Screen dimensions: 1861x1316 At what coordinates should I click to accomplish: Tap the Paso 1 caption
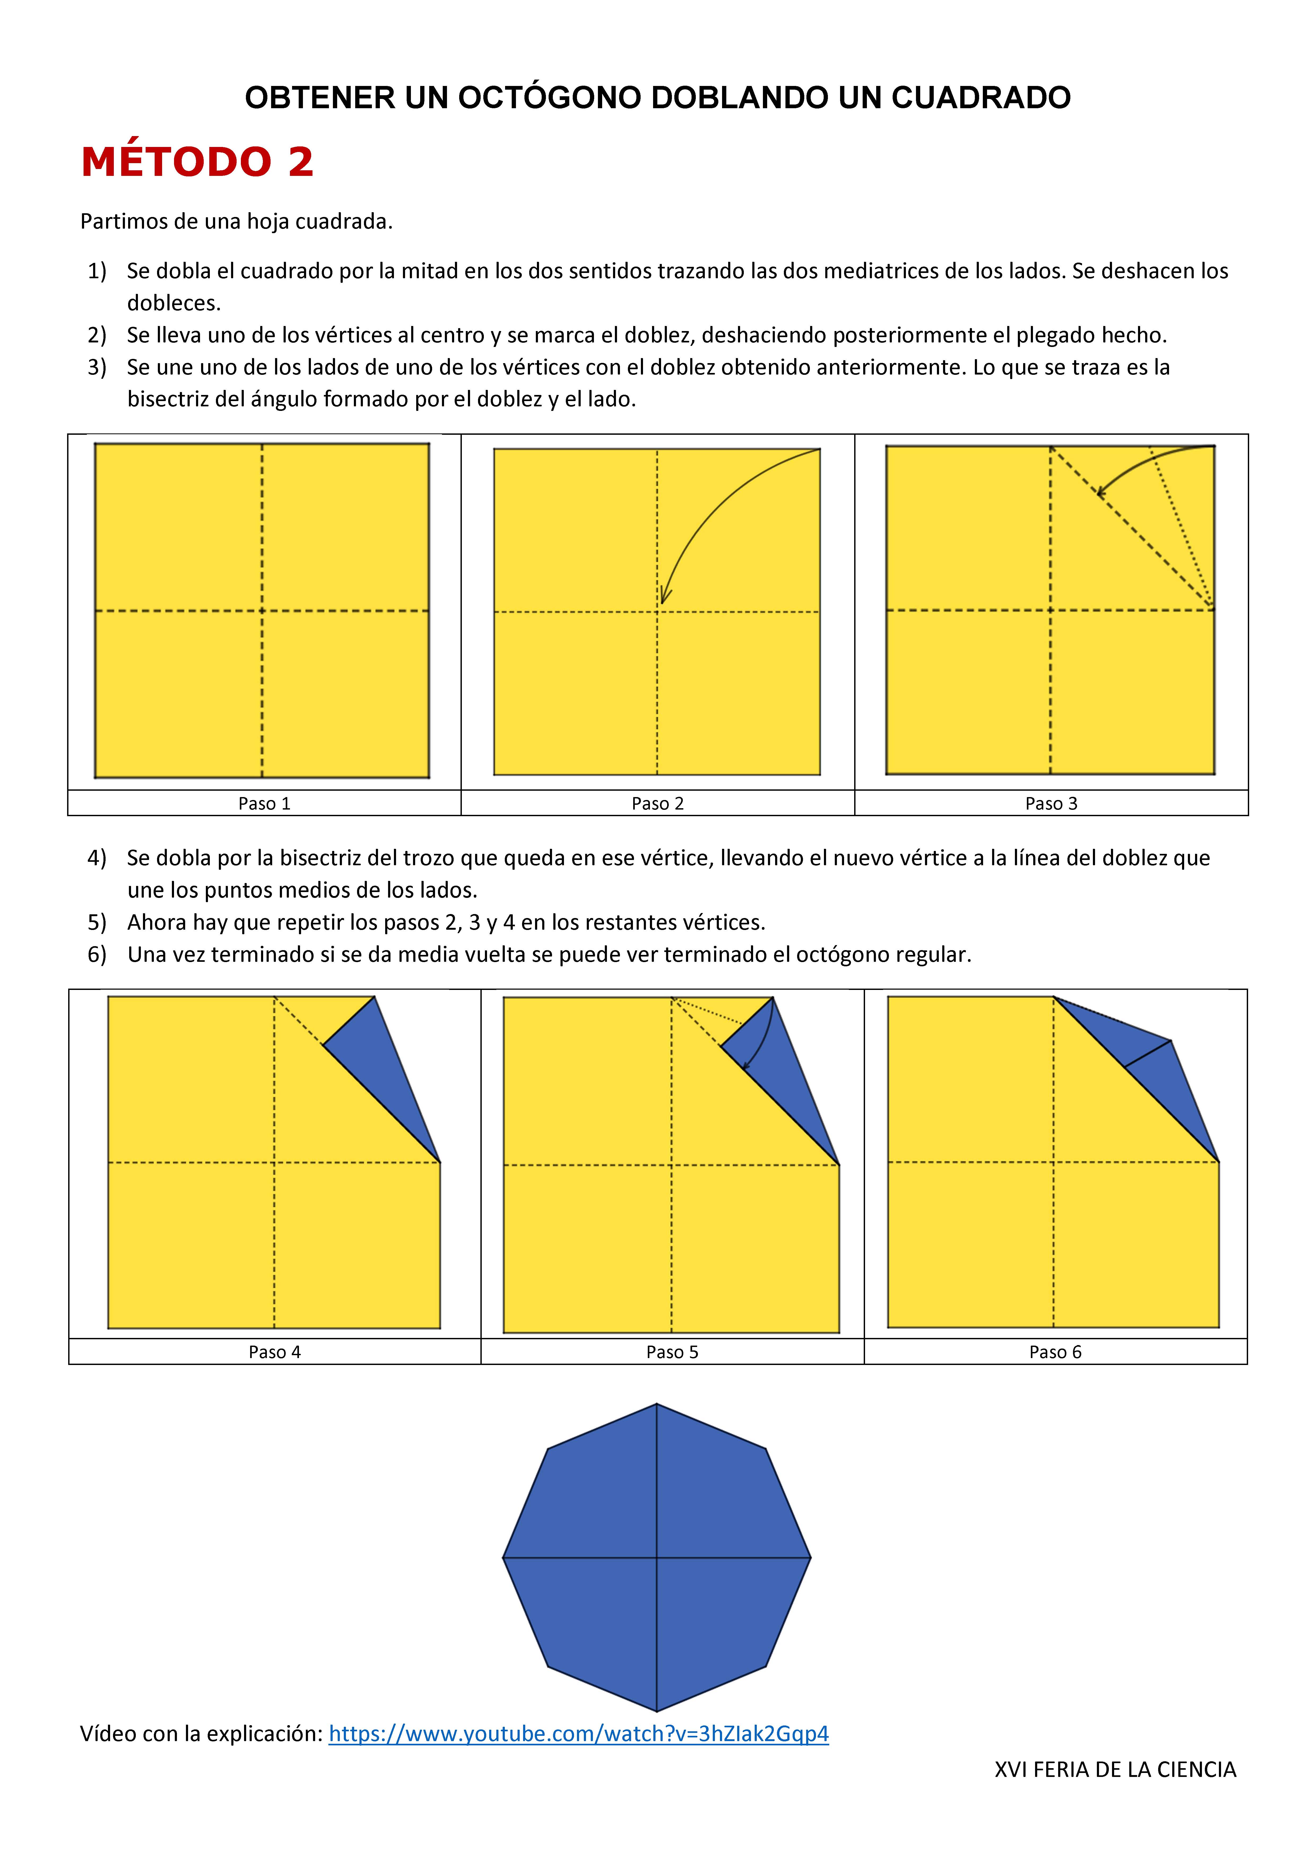264,803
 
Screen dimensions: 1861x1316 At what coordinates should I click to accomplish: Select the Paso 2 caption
658,803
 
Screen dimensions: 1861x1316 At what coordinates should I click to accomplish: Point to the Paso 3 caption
1051,803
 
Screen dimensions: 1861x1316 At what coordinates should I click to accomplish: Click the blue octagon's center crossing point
657,1558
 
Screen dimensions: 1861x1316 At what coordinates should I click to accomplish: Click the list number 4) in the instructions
97,858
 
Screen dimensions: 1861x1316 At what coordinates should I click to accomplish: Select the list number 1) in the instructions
97,271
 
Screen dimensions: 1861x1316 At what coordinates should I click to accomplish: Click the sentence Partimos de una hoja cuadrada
236,221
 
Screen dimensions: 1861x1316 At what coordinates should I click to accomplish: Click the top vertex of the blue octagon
657,1405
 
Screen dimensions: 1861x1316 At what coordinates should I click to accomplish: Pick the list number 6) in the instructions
97,954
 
